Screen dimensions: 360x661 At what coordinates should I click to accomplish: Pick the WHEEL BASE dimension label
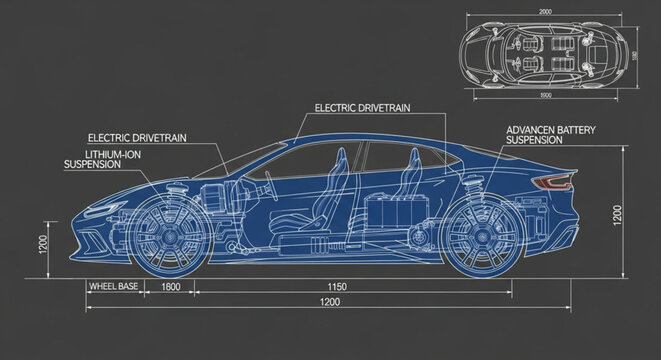coord(114,287)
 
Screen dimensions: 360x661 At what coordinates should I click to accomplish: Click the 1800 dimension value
coord(170,287)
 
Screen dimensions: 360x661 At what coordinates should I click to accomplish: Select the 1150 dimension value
coord(337,287)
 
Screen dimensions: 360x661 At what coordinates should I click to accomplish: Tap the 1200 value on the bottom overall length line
coord(323,302)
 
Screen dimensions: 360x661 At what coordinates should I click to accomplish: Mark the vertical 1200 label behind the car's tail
coord(617,213)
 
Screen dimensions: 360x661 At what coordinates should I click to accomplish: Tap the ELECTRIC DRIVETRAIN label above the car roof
coord(362,107)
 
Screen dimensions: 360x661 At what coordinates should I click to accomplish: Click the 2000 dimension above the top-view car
coord(545,11)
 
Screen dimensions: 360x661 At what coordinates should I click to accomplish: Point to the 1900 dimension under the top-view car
coord(545,95)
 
